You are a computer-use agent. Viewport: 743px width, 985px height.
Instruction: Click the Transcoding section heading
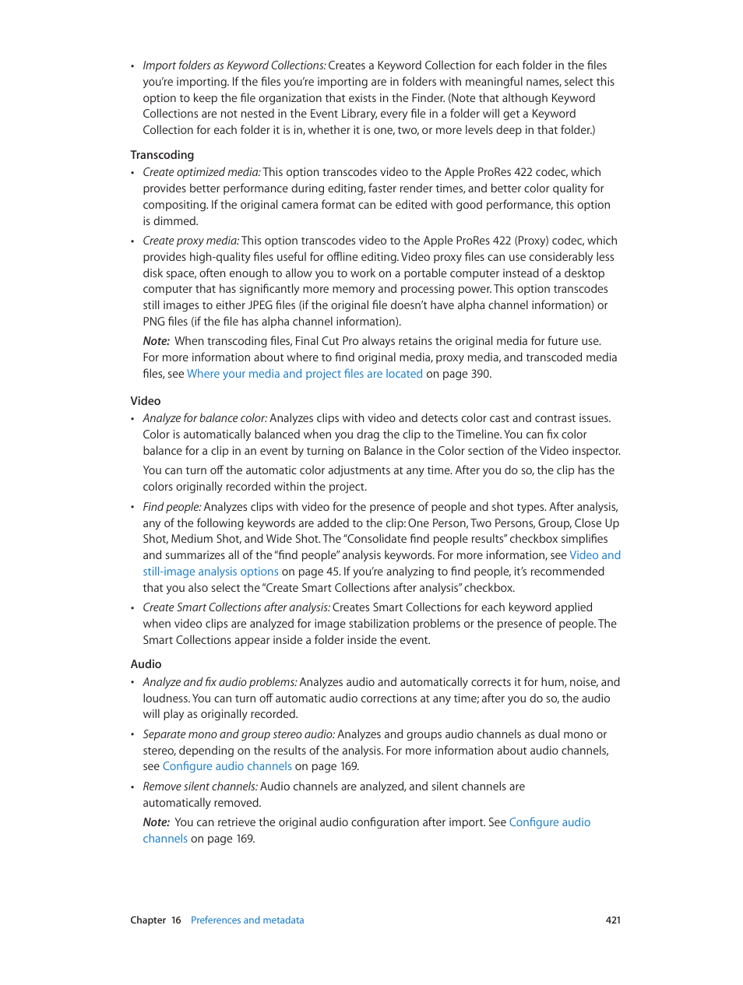[162, 155]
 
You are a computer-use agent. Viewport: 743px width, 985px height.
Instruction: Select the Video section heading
[146, 401]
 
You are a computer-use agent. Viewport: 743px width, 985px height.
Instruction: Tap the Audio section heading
[146, 664]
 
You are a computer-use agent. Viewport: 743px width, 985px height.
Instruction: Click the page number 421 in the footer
[613, 920]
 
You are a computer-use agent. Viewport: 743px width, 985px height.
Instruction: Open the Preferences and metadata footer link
[247, 920]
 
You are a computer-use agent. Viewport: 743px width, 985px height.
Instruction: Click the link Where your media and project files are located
[305, 374]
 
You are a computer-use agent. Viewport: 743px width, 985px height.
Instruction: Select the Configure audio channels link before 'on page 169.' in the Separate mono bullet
[227, 766]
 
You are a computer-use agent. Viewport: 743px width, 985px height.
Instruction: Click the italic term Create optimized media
[202, 172]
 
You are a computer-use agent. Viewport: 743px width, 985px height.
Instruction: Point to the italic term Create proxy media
[191, 241]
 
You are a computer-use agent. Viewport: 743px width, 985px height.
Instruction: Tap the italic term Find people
[171, 507]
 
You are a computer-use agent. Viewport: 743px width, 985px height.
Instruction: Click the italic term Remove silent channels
[200, 786]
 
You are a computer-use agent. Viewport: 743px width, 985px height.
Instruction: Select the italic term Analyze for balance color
[205, 418]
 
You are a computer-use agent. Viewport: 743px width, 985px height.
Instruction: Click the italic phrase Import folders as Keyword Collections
[234, 65]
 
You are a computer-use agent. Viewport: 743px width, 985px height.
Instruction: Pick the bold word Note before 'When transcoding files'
[156, 341]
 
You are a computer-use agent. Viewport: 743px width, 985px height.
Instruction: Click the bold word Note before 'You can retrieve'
[156, 822]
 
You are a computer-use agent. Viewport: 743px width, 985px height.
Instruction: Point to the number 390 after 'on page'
[481, 374]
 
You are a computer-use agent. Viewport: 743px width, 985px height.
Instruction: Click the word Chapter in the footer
[148, 920]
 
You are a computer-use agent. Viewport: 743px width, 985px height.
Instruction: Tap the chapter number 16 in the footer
[176, 920]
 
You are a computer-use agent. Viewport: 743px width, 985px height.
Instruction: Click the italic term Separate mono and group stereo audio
[238, 734]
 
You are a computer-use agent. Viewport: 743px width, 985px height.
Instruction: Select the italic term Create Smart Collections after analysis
[236, 607]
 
